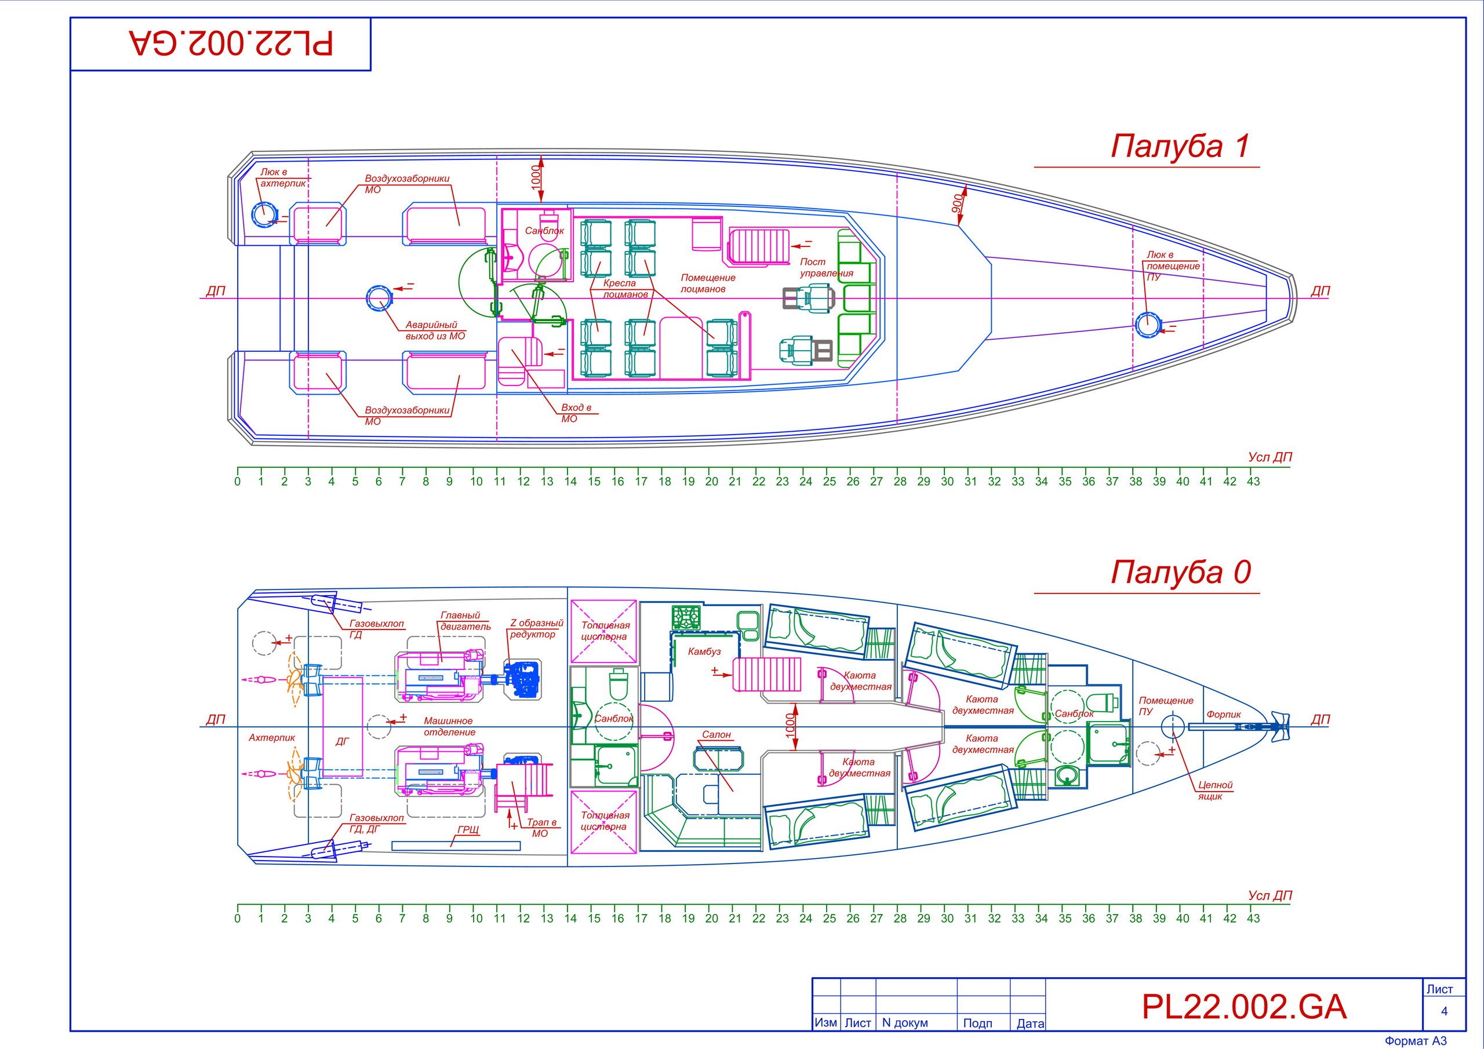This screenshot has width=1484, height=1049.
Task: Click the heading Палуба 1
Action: coord(1180,146)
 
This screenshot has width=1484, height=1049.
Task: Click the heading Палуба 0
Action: coord(1180,572)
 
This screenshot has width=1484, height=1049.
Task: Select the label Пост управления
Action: coord(825,268)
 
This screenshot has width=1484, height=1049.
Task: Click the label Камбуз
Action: coord(704,651)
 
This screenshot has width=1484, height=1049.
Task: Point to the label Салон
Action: coord(716,735)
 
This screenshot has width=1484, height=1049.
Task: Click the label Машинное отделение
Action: coord(449,727)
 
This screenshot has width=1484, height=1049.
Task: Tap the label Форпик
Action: coord(1224,714)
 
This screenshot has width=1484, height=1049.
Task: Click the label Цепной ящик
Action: coord(1215,791)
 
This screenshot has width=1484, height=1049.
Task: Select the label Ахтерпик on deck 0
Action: coord(271,737)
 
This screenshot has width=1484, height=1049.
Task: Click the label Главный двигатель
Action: coord(465,621)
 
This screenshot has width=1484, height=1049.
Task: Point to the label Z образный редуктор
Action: coord(536,629)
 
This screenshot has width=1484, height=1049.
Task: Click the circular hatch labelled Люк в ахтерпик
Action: coord(263,214)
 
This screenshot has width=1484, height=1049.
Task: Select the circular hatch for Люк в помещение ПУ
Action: coord(1147,323)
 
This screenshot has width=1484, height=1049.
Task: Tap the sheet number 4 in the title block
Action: coord(1444,1011)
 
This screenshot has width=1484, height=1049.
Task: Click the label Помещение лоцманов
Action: coord(707,283)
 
